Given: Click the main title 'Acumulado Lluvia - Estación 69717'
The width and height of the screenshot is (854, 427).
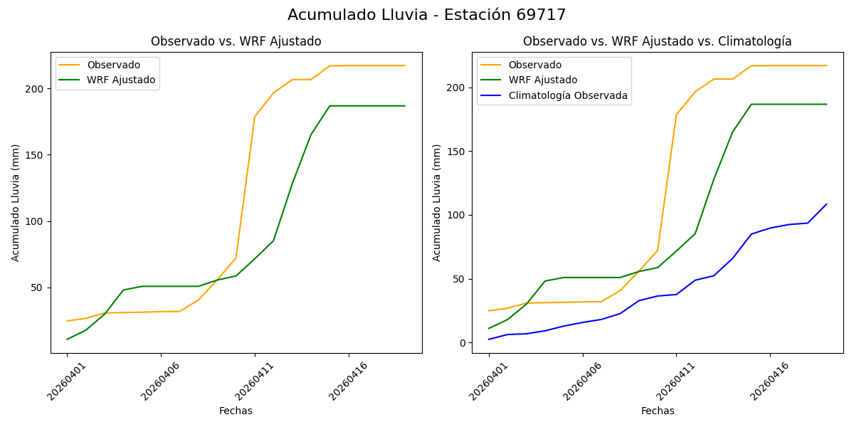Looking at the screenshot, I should pyautogui.click(x=427, y=15).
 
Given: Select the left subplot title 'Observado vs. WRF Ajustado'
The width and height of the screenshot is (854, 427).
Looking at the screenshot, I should pyautogui.click(x=236, y=42).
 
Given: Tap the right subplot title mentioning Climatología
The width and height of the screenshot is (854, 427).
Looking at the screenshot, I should pyautogui.click(x=657, y=42).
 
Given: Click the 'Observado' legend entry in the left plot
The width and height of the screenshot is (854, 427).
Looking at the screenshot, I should pyautogui.click(x=113, y=65).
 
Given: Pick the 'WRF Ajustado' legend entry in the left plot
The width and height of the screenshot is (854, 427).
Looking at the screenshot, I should pyautogui.click(x=121, y=80).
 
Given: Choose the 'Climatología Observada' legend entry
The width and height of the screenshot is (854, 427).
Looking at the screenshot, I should pyautogui.click(x=567, y=95).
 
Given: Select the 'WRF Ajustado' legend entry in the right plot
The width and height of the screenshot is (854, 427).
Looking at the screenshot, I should pyautogui.click(x=542, y=80).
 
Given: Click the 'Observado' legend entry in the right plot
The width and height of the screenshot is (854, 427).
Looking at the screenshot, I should pyautogui.click(x=534, y=65).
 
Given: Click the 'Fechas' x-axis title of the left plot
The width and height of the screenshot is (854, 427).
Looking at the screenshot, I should pyautogui.click(x=236, y=411).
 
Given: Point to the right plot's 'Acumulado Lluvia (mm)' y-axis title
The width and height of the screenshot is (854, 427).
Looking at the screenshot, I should pyautogui.click(x=437, y=203).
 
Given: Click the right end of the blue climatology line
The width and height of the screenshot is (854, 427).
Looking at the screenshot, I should pyautogui.click(x=826, y=205).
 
